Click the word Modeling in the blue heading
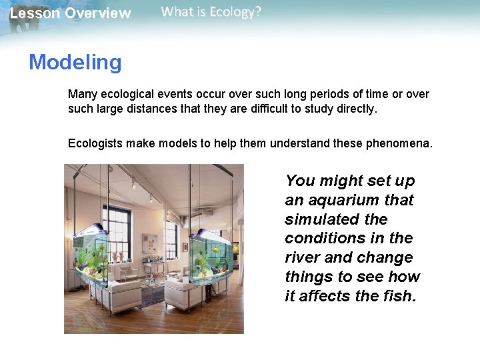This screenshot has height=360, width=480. click(x=75, y=62)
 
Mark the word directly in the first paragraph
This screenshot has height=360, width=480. click(x=354, y=108)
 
